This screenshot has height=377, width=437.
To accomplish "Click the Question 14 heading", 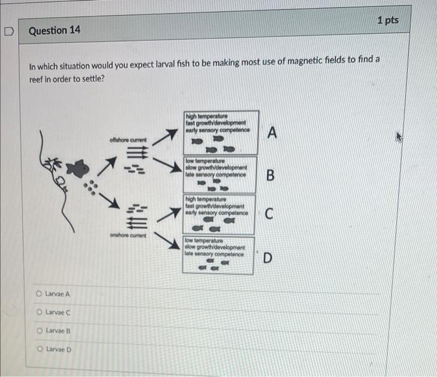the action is point(54,29).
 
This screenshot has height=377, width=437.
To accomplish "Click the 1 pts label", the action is point(388,21).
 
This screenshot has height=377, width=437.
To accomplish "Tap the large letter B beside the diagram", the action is point(270,175).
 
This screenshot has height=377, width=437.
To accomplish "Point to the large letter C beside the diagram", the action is point(268,214).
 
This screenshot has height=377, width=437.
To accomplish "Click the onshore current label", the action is point(128,235).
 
